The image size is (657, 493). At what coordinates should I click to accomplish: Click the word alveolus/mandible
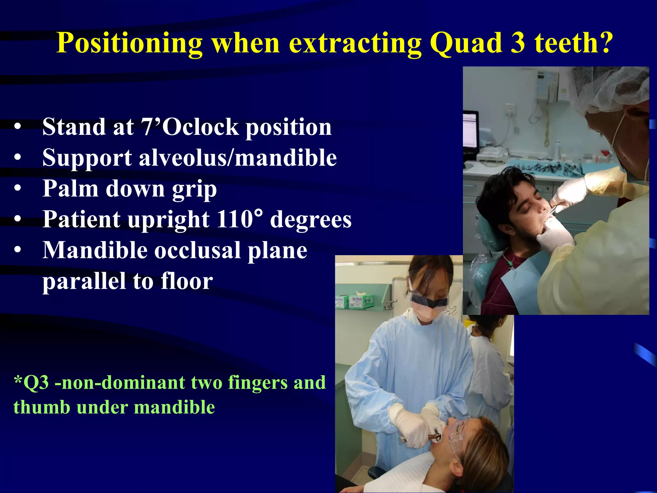pos(238,158)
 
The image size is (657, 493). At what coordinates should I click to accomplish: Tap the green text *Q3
pos(31,383)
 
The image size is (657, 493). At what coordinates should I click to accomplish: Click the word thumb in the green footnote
pos(41,407)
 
